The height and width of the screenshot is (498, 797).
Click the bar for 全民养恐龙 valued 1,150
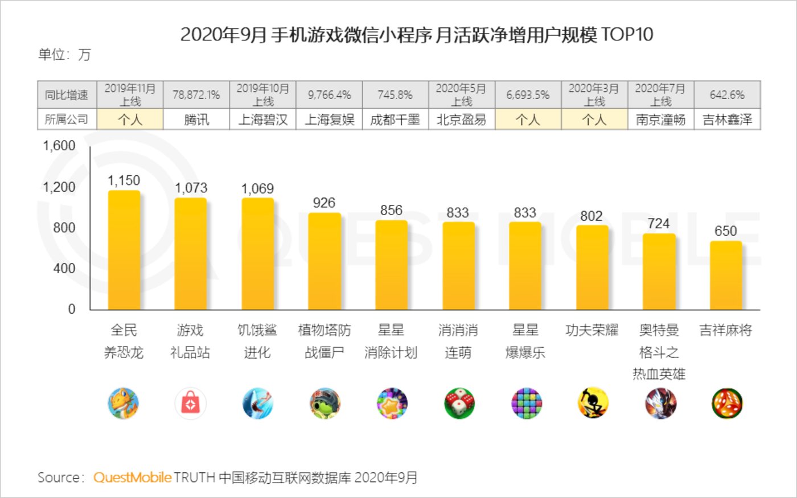pos(124,250)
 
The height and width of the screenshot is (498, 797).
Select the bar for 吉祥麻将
pos(726,275)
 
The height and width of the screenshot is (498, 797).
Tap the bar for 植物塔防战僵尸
pos(324,262)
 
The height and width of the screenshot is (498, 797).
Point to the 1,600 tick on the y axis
pos(59,146)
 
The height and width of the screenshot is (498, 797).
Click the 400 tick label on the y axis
pos(64,269)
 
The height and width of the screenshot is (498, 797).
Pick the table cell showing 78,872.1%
pos(196,95)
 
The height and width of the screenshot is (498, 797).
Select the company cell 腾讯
pos(196,120)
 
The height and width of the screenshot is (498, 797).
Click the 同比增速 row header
pos(67,95)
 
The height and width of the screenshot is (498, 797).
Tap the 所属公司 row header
pos(67,120)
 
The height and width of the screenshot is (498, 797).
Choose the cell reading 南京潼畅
pos(660,120)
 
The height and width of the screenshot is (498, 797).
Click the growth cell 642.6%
pos(727,95)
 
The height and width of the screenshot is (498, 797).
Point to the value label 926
pos(324,203)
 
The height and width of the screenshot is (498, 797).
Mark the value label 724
pos(658,224)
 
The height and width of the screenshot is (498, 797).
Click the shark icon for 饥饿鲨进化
pos(257,404)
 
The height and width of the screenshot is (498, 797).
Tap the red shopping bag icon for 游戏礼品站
pos(191,404)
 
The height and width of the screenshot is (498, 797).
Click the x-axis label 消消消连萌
pos(458,341)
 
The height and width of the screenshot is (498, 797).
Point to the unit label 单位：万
pos(64,55)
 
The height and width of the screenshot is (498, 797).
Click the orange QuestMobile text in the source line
pos(132,478)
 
